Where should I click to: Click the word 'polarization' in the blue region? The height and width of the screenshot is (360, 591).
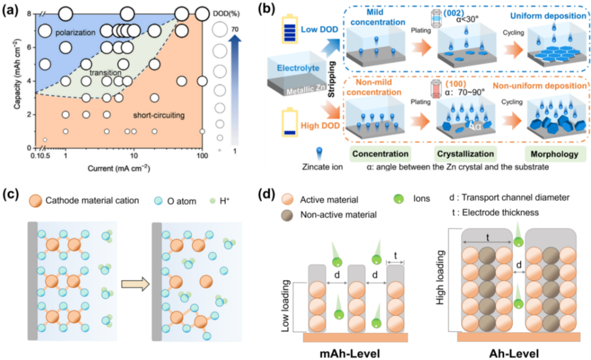pyautogui.click(x=76, y=33)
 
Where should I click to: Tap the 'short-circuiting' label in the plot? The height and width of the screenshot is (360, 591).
pyautogui.click(x=159, y=115)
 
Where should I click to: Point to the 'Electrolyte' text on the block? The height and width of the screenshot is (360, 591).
pyautogui.click(x=298, y=68)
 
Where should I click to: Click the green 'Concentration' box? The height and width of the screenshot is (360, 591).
pyautogui.click(x=381, y=154)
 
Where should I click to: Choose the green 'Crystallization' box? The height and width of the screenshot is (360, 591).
pyautogui.click(x=465, y=154)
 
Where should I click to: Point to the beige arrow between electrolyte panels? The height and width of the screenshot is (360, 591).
pyautogui.click(x=134, y=284)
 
